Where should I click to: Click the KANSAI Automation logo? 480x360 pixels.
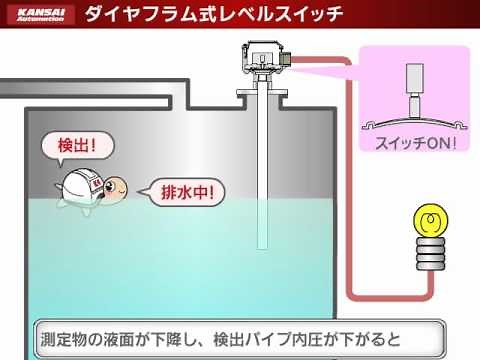41,15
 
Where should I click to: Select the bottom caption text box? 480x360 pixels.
239,334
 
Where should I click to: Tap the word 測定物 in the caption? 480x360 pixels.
68,334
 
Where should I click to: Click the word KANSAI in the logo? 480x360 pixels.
41,11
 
